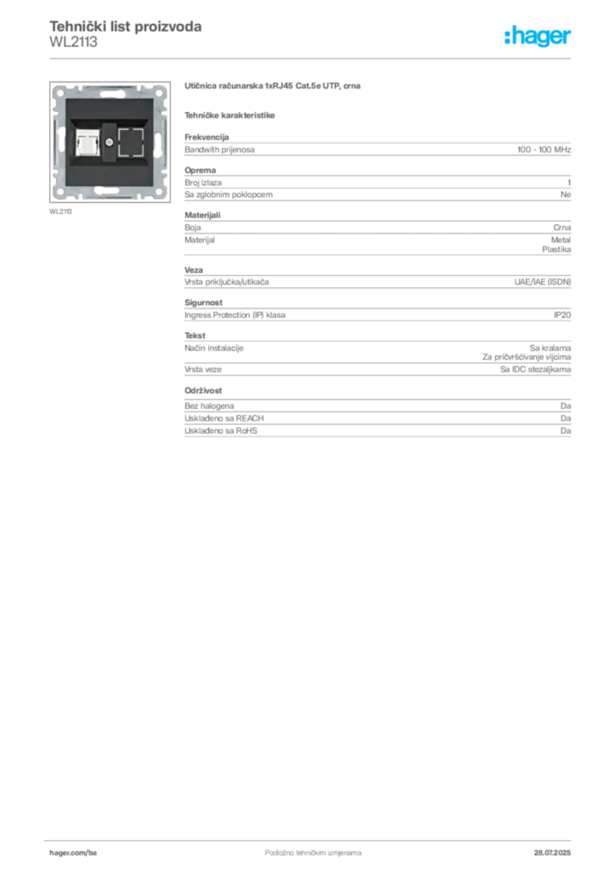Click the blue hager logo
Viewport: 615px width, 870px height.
pos(539,37)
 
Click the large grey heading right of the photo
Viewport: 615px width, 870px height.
pos(275,88)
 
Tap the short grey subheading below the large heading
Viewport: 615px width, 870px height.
pos(232,113)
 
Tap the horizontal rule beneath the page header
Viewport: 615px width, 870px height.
pos(313,58)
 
